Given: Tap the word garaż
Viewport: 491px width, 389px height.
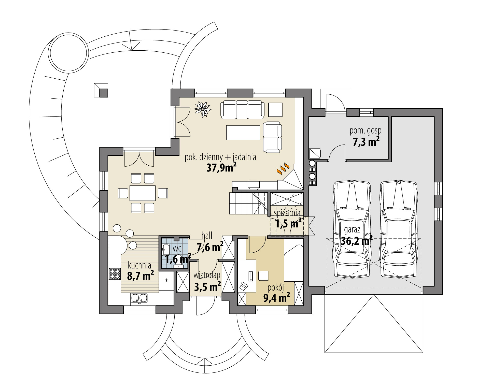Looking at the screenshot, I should pyautogui.click(x=352, y=229).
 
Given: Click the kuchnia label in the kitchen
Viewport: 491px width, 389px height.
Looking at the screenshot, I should pyautogui.click(x=139, y=266).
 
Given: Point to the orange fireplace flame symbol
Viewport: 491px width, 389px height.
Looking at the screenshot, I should pyautogui.click(x=283, y=169).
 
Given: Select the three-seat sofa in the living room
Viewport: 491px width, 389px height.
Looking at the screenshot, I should pyautogui.click(x=242, y=110).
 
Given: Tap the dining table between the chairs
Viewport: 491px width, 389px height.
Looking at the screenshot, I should pyautogui.click(x=143, y=193).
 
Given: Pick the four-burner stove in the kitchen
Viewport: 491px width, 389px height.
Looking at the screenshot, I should pyautogui.click(x=115, y=274).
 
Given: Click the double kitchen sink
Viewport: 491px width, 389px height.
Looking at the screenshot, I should pyautogui.click(x=139, y=299).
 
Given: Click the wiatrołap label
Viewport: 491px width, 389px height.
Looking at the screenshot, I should pyautogui.click(x=207, y=275).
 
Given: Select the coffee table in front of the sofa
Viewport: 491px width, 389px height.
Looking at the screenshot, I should pyautogui.click(x=243, y=132).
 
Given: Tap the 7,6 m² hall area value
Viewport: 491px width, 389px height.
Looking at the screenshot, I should pyautogui.click(x=210, y=247).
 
